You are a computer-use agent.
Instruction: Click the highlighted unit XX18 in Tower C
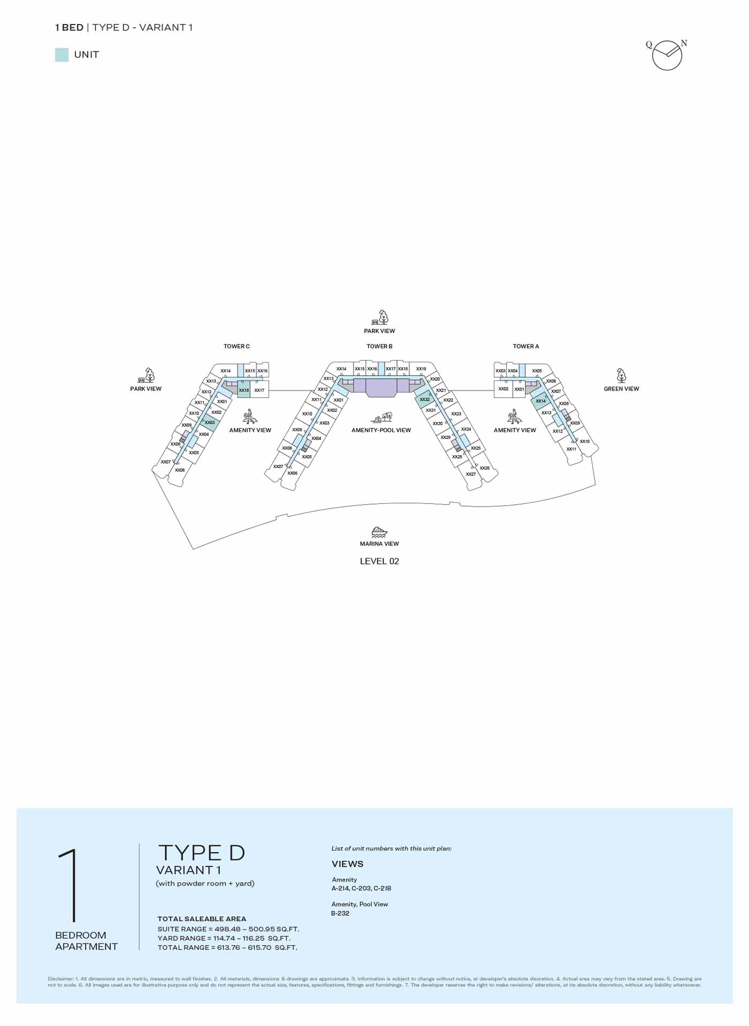click(243, 390)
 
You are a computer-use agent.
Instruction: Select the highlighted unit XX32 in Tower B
click(425, 399)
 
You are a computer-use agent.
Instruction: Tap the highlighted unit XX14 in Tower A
click(540, 401)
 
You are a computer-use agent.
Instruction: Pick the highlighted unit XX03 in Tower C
click(210, 423)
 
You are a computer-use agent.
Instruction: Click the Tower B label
click(379, 346)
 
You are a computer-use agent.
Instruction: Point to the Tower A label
click(526, 346)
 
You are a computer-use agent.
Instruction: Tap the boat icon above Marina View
click(379, 532)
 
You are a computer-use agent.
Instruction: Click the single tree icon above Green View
click(621, 376)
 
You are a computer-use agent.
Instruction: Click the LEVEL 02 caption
click(379, 561)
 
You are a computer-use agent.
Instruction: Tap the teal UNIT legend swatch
click(62, 55)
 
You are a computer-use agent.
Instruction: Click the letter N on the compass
click(684, 43)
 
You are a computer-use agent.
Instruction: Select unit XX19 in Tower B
click(421, 369)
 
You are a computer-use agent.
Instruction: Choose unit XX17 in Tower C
click(259, 390)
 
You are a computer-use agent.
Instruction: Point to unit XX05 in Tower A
click(537, 371)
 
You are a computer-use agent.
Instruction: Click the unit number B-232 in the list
click(340, 913)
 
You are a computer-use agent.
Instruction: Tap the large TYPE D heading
click(202, 853)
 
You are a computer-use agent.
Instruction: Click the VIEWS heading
click(347, 864)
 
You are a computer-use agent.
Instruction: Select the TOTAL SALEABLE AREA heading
click(202, 918)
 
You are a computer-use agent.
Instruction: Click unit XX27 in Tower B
click(470, 474)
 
